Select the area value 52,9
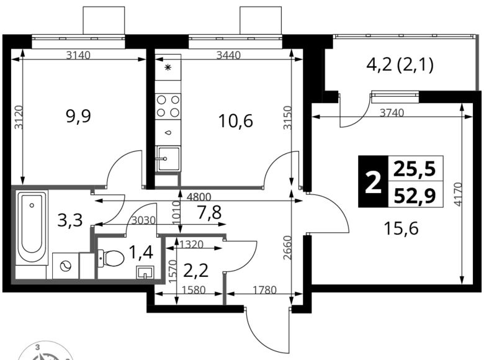click(415, 196)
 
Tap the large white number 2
click(372, 183)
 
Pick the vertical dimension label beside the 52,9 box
click(457, 194)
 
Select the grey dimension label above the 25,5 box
click(392, 112)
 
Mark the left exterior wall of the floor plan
click(13, 233)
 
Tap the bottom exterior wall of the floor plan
click(87, 281)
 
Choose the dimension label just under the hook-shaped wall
click(200, 198)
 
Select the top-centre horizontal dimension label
click(228, 55)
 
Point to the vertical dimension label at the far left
click(19, 117)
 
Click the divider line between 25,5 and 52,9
click(415, 182)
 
